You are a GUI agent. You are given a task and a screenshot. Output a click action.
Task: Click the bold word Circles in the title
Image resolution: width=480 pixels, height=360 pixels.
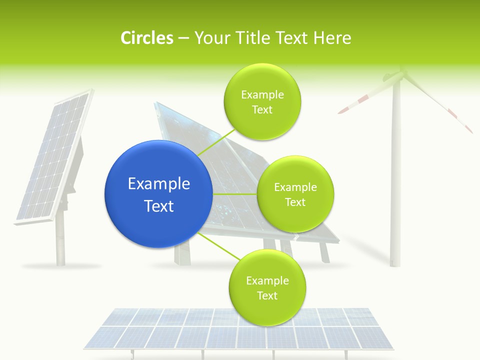coord(146,38)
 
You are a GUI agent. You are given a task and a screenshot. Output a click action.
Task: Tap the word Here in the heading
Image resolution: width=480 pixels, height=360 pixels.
coord(332,38)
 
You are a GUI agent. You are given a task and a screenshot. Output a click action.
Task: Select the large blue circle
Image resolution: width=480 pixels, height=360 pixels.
coord(158,194)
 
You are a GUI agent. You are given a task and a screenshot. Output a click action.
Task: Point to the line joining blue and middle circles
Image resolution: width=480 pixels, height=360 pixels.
coord(235,193)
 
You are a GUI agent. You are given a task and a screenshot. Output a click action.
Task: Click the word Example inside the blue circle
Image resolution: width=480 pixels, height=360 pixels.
coord(158,184)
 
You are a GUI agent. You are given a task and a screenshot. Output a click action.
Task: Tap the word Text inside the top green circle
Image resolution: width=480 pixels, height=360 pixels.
coord(262,109)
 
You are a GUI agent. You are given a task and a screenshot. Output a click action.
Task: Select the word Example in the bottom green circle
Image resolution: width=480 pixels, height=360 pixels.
coord(267,281)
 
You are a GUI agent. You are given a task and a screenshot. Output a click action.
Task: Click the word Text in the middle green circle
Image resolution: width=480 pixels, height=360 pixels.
coord(295,202)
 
